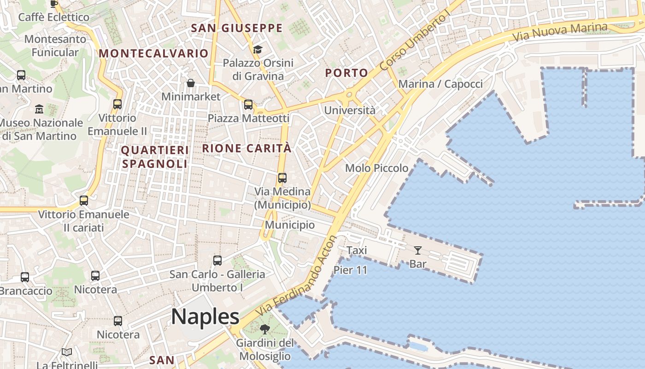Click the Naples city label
click(205, 317)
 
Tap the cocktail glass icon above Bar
click(418, 250)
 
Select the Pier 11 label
click(350, 270)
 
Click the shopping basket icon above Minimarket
click(191, 83)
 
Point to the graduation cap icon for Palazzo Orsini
click(258, 49)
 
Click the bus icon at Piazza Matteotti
click(248, 105)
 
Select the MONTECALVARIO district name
click(153, 54)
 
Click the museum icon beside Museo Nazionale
click(39, 109)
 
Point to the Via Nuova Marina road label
click(559, 32)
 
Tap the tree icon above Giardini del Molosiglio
click(264, 329)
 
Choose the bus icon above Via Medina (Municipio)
click(282, 178)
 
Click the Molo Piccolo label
click(377, 168)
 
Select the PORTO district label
click(346, 73)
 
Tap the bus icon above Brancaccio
click(25, 277)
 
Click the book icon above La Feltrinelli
click(67, 352)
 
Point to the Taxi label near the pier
click(357, 250)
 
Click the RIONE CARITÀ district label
click(247, 149)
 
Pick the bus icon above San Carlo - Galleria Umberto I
click(217, 261)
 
